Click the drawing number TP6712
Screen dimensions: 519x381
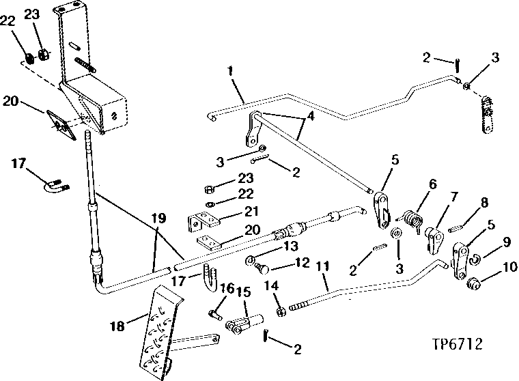pos(457,344)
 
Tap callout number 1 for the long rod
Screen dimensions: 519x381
pos(230,71)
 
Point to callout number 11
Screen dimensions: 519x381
pos(322,266)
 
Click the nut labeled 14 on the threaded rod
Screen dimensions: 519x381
pos(281,311)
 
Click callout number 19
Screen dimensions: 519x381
pos(158,218)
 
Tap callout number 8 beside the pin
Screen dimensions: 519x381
pos(484,203)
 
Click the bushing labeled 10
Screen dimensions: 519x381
pos(474,283)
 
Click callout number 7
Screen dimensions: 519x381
pos(454,197)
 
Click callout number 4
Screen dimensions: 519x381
pos(311,117)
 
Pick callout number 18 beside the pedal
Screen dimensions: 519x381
pos(117,326)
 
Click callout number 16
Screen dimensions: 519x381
pos(227,288)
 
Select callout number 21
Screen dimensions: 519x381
pos(251,211)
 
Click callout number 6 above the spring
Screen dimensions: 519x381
pos(432,184)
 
